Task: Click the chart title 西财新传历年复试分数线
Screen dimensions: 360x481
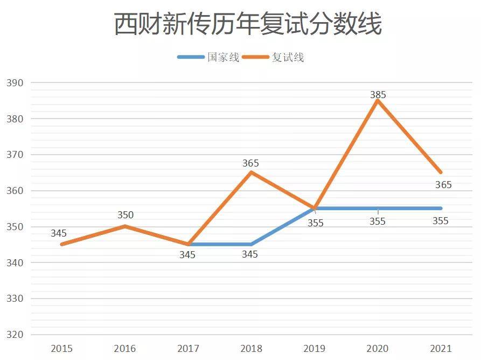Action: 248,24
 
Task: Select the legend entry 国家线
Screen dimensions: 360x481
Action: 223,57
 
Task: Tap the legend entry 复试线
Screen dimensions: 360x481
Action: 288,57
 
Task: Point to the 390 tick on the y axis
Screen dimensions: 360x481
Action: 15,83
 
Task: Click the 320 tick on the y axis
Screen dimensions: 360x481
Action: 15,335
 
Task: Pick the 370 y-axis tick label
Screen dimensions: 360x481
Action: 15,155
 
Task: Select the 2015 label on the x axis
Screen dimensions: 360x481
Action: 62,349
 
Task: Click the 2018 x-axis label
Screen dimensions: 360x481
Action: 251,349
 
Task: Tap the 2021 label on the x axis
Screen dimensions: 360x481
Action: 441,349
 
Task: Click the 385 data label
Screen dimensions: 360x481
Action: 378,95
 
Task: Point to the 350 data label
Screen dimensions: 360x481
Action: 126,215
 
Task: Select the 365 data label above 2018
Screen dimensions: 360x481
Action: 251,163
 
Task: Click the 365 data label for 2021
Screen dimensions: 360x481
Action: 443,185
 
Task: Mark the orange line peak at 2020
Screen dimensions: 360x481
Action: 378,100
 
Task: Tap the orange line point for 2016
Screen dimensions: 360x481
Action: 126,226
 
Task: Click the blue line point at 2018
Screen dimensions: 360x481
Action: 251,244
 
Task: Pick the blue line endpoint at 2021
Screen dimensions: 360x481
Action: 441,208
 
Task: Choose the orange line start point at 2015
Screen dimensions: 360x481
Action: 62,244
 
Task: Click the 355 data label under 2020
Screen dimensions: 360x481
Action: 378,221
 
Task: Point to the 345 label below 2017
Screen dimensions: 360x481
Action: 187,254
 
